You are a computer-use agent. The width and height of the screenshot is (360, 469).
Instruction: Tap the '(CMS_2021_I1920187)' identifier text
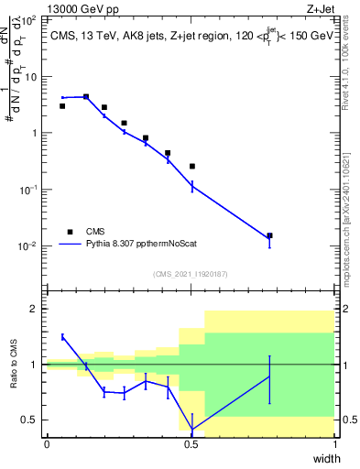(x=191, y=274)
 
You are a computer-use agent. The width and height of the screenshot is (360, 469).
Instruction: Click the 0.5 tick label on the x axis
(x=191, y=444)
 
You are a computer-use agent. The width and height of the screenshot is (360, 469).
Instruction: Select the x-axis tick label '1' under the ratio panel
(x=334, y=444)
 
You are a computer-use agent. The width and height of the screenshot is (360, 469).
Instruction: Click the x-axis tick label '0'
(x=47, y=444)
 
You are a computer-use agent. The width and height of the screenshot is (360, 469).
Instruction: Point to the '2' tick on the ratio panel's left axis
(x=36, y=309)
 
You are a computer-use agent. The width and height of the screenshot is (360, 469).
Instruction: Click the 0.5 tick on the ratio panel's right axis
(x=346, y=420)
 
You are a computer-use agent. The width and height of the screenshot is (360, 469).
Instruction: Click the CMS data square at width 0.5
(x=191, y=166)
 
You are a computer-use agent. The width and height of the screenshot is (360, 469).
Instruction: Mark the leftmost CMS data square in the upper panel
(x=62, y=106)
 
